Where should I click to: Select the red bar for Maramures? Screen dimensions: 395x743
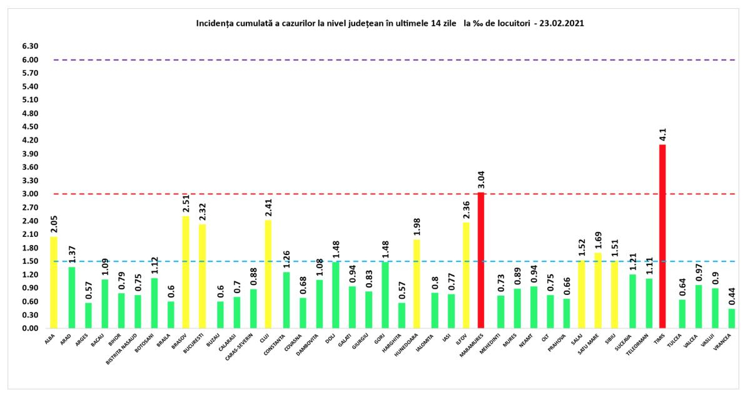(x=481, y=260)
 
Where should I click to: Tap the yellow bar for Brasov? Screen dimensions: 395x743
(x=186, y=272)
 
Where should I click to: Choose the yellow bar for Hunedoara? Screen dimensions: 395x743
(x=416, y=284)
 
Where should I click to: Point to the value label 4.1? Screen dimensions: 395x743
(x=662, y=134)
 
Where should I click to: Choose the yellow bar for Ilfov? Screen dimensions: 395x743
(x=465, y=276)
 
